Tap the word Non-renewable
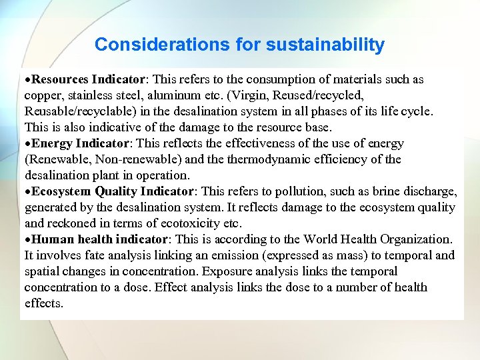pos(127,159)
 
